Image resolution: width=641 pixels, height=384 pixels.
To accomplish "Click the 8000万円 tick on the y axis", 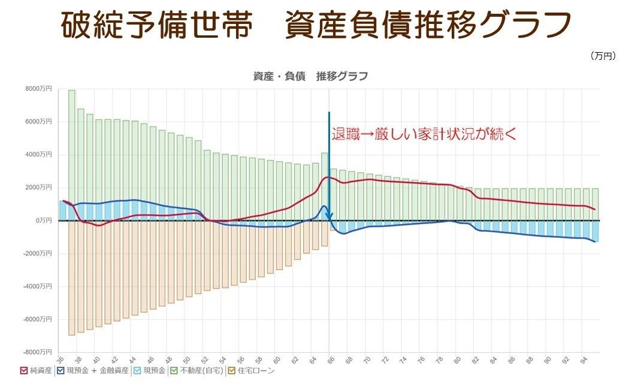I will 39,89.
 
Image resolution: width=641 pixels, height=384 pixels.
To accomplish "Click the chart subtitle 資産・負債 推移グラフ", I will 310,76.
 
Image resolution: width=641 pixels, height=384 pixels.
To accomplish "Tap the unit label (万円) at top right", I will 603,56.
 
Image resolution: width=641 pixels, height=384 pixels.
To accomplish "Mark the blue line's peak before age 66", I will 324,206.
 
